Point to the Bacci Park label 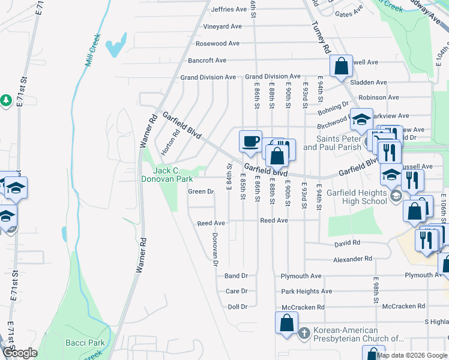[x=85, y=343]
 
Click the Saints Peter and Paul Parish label [x=331, y=143]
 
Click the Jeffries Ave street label [x=229, y=10]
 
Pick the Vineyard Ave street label [x=222, y=26]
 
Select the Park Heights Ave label [x=306, y=292]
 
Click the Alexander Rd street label [x=354, y=259]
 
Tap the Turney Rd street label [x=322, y=37]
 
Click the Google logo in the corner [x=20, y=353]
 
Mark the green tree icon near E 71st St [x=6, y=100]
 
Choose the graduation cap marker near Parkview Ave [x=361, y=119]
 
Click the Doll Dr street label [x=237, y=307]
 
